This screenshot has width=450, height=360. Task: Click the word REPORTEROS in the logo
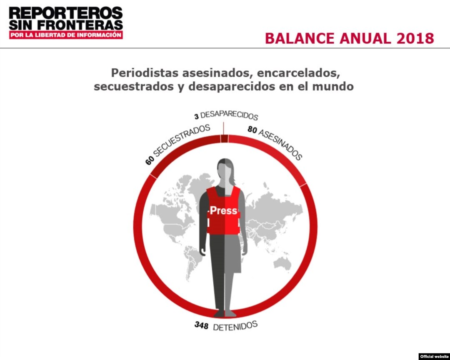click(66, 13)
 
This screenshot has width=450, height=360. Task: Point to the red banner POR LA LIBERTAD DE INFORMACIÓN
click(66, 35)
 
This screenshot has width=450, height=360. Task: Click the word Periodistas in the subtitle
click(145, 73)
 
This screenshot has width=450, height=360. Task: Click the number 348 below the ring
click(201, 325)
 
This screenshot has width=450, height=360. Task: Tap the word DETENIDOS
click(235, 326)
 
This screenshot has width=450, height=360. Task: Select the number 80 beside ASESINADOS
click(252, 130)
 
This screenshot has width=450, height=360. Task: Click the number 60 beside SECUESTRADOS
click(150, 161)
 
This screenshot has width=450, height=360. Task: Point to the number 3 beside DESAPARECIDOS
click(196, 116)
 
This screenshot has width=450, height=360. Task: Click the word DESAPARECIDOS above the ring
click(229, 115)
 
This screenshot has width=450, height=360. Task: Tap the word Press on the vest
click(223, 211)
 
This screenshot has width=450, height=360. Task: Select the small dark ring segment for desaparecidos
click(225, 138)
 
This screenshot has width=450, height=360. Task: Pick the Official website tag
click(434, 356)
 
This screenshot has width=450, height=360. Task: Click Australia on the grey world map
click(283, 263)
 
